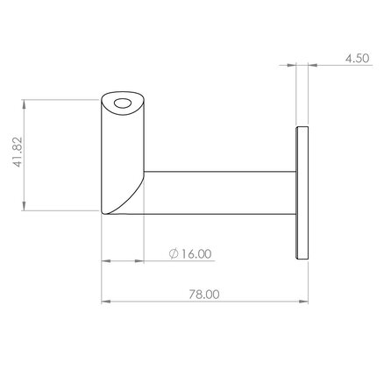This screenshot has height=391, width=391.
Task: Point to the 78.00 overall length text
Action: coord(203,295)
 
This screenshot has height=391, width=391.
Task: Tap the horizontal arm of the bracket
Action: coord(219,194)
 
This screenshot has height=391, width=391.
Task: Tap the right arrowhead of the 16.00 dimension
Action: coord(139,260)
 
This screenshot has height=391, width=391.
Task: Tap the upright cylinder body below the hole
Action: coord(121,153)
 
